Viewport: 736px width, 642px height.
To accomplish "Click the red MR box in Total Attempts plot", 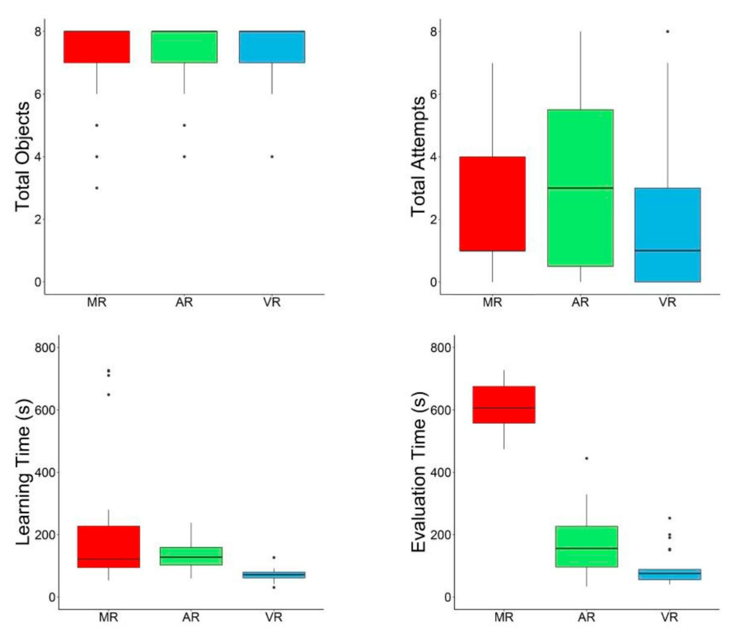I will point(492,204).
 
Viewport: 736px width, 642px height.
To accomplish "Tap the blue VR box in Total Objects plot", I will point(272,47).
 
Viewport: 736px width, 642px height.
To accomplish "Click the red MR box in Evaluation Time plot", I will point(504,405).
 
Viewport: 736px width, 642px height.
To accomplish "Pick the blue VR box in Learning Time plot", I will point(274,575).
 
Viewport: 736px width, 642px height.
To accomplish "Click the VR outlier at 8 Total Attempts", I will point(667,31).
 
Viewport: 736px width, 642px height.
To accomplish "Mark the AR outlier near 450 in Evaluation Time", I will point(586,459).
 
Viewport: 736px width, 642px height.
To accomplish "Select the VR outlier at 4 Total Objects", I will point(272,156).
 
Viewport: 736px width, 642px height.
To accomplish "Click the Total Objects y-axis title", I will point(22,156).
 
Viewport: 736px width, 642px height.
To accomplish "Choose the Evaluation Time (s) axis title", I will point(418,472).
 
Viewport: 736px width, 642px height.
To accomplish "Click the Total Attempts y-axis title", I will point(418,156).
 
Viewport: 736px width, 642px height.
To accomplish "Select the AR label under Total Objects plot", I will point(184,302).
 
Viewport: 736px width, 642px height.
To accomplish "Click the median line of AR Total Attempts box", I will point(580,188).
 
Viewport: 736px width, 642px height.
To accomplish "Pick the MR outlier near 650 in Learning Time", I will point(108,395).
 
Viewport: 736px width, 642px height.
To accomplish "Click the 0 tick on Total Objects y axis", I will point(38,282).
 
